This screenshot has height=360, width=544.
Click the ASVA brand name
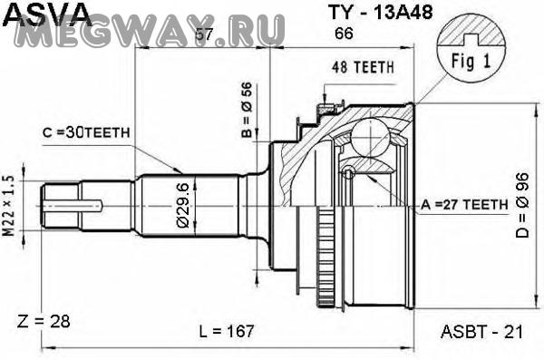(48, 14)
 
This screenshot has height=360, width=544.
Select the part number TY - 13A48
(381, 13)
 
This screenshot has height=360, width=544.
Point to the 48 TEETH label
(363, 67)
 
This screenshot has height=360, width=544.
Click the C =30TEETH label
(86, 132)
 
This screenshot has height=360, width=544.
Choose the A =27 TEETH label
(464, 205)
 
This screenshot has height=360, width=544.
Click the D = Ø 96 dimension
(522, 205)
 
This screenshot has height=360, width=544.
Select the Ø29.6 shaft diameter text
(183, 206)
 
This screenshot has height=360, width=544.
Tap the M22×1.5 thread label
(9, 206)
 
